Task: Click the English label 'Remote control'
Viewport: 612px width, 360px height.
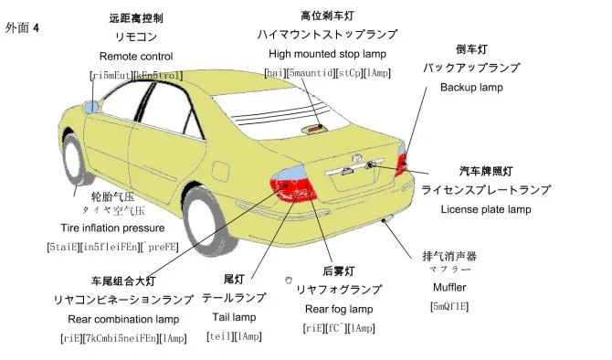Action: click(136, 57)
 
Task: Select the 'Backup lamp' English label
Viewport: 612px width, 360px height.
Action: click(471, 88)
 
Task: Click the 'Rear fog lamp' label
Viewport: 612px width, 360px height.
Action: click(339, 309)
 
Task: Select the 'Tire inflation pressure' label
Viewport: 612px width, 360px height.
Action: click(113, 228)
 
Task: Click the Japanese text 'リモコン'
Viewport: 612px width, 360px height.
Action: click(136, 37)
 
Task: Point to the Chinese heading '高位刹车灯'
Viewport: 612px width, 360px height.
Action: click(328, 16)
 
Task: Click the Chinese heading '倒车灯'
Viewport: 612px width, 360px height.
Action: click(472, 49)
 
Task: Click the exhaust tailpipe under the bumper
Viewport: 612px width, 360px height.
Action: click(387, 219)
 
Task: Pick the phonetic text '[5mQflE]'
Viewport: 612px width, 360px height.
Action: click(448, 306)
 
